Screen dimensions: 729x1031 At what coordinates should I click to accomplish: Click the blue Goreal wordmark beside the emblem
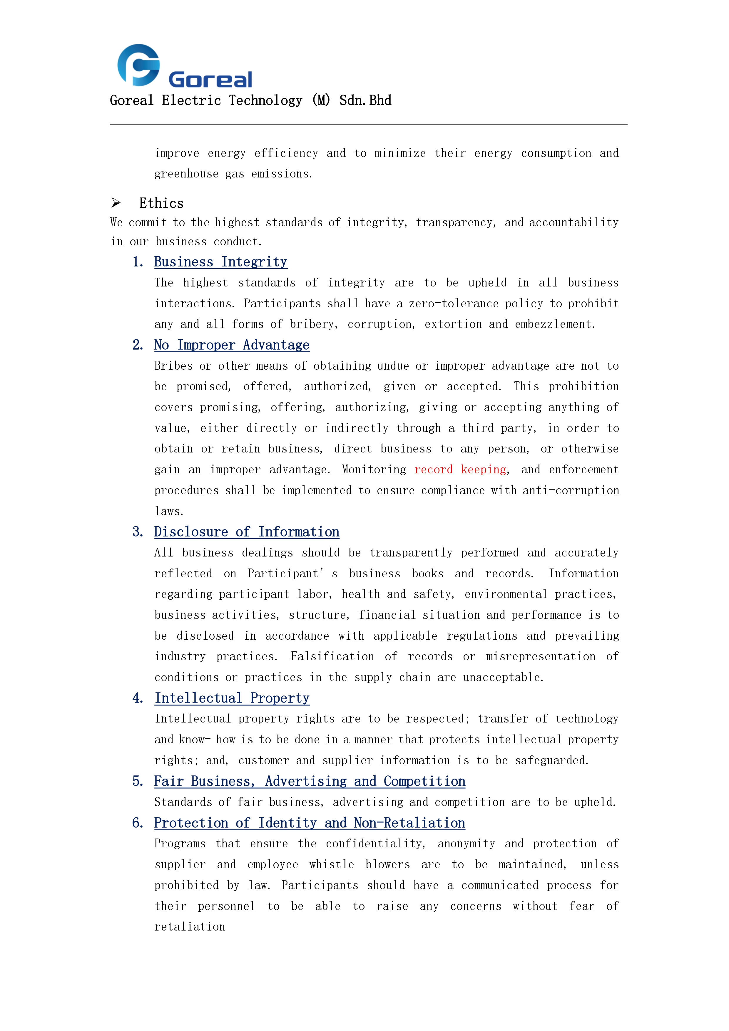tap(210, 80)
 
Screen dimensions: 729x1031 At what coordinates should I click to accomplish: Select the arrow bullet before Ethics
tap(116, 203)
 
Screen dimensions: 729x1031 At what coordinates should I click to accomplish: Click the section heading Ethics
tap(161, 203)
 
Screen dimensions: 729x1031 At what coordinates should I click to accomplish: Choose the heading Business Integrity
tap(220, 262)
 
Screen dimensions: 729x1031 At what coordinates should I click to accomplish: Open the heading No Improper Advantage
tap(232, 345)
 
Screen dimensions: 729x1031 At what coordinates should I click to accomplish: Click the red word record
tap(433, 470)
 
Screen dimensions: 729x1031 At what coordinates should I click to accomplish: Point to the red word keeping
tap(484, 470)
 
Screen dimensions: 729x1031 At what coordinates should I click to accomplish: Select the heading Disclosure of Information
tap(247, 532)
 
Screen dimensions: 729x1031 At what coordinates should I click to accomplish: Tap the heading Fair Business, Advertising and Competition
tap(310, 781)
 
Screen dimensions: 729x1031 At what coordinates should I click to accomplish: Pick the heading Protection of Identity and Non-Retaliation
tap(310, 823)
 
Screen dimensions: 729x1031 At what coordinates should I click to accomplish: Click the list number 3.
tap(138, 532)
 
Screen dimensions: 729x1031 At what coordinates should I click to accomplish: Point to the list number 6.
tap(138, 823)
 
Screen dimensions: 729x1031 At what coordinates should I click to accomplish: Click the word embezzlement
tap(554, 324)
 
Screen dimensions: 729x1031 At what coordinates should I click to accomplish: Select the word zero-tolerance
tap(453, 304)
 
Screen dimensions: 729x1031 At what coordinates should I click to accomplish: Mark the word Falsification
tap(332, 656)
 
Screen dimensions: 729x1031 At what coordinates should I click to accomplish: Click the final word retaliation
tap(190, 927)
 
